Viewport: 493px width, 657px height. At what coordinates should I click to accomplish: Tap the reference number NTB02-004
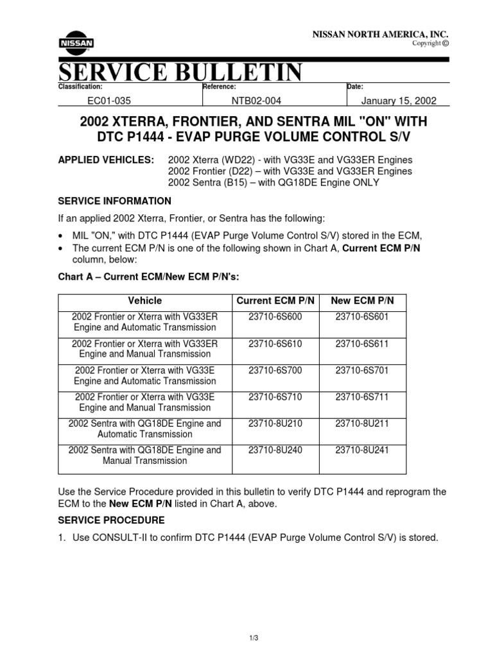(x=256, y=101)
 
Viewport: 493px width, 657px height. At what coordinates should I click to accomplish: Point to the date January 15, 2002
(x=399, y=101)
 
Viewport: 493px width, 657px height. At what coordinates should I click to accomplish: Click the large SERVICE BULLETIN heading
(x=180, y=72)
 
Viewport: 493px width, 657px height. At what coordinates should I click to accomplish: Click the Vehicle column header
(x=145, y=300)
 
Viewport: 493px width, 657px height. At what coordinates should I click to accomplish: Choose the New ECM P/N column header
(x=362, y=300)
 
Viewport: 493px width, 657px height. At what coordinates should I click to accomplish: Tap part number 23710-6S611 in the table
(x=362, y=344)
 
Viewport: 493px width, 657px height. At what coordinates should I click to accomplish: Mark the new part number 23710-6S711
(x=362, y=397)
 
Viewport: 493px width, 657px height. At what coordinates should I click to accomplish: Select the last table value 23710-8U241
(x=362, y=450)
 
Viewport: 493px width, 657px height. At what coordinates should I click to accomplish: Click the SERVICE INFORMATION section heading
(x=115, y=201)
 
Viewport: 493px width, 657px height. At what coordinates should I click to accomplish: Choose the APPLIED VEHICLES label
(x=106, y=159)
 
